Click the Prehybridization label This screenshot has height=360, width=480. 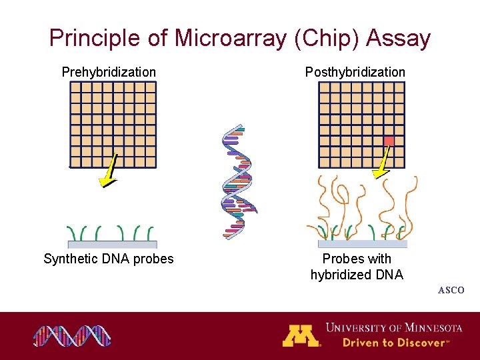(x=109, y=72)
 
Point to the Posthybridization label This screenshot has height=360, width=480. (x=355, y=72)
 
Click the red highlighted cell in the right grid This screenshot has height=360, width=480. (x=389, y=141)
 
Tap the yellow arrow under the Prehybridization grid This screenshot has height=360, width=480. (x=108, y=171)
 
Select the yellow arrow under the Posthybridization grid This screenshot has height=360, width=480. (x=383, y=163)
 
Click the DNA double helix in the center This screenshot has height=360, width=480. (x=239, y=181)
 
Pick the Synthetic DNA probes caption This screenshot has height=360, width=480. (x=108, y=259)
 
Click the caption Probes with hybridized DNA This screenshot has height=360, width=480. (x=357, y=267)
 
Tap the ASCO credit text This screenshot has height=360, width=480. (x=451, y=291)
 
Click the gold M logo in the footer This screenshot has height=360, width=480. (x=301, y=335)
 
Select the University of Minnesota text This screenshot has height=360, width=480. (x=393, y=327)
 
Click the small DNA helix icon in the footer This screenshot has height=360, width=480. (x=72, y=336)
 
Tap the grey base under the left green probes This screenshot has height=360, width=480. (x=112, y=244)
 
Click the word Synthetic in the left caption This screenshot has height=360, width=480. (x=70, y=259)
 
